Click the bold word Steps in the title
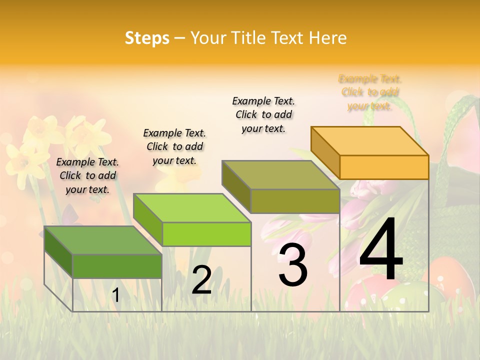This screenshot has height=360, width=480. (x=147, y=38)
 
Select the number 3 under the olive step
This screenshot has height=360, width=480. (x=292, y=265)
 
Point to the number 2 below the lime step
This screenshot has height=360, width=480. (x=201, y=280)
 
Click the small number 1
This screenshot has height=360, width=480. (x=115, y=295)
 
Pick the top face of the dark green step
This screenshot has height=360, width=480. (x=103, y=240)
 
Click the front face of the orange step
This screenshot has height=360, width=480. (x=384, y=167)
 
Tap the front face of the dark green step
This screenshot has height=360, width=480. (x=117, y=266)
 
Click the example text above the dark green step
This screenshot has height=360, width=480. (x=87, y=175)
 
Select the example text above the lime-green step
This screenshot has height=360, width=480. (x=174, y=146)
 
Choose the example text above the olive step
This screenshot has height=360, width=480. (x=263, y=114)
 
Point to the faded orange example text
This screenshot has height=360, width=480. (x=370, y=92)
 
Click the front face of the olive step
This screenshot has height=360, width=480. (x=295, y=201)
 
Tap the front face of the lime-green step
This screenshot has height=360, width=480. (x=206, y=234)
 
